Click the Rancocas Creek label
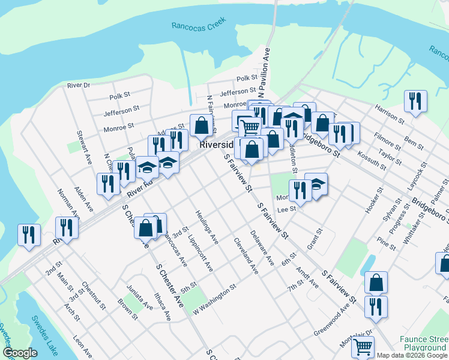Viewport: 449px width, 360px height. coord(198,25)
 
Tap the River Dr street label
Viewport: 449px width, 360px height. coord(78,85)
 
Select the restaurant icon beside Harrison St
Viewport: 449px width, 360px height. coord(415,102)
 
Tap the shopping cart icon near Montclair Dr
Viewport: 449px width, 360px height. coord(363,346)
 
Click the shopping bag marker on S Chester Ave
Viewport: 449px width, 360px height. coord(145,227)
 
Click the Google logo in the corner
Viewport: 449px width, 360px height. coord(20,353)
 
